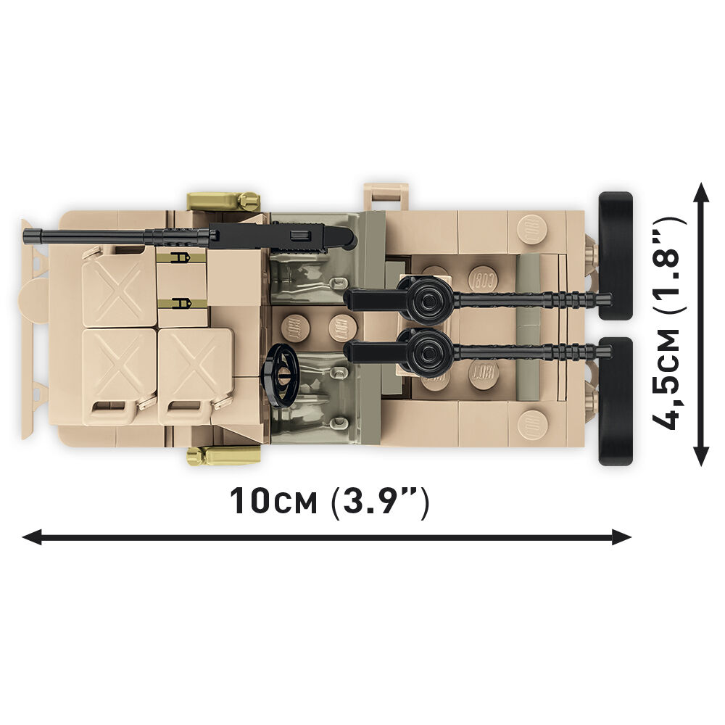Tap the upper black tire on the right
click(x=616, y=256)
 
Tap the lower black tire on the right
click(x=616, y=401)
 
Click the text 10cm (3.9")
click(x=329, y=501)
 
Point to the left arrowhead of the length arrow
click(x=31, y=537)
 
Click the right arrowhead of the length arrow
click(x=621, y=537)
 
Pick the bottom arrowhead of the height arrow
click(x=701, y=456)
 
